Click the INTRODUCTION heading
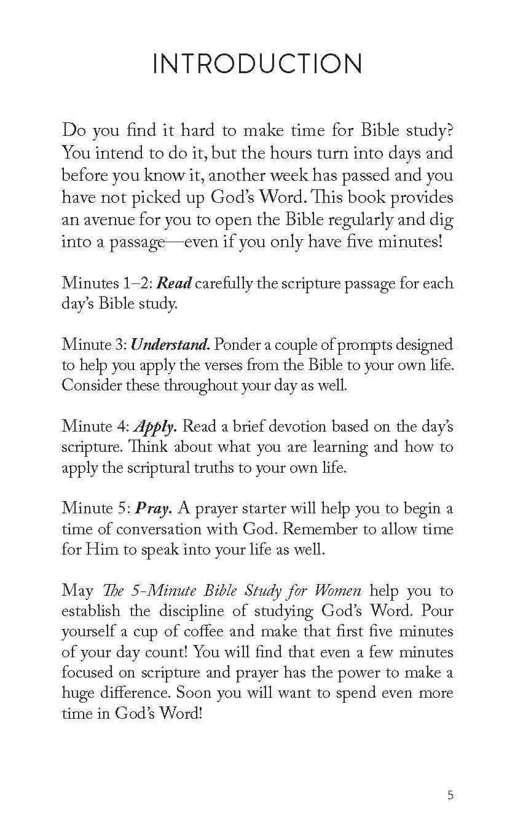tap(257, 65)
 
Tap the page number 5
tap(450, 796)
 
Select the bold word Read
tap(175, 283)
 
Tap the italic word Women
tap(338, 591)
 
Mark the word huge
tap(78, 693)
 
